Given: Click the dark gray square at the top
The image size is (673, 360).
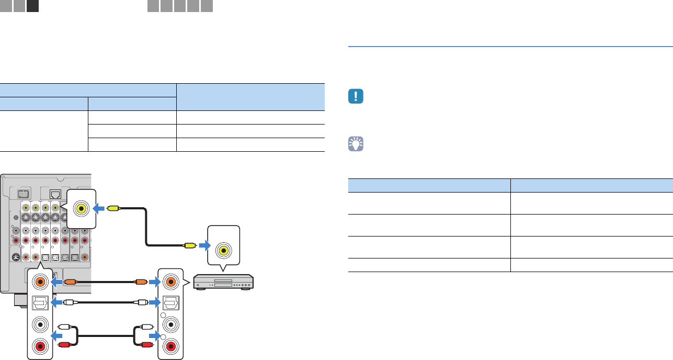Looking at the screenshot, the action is (32, 6).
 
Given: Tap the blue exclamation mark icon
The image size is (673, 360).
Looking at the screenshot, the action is (356, 97).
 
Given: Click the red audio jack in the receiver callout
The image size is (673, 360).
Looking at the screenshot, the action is (39, 346).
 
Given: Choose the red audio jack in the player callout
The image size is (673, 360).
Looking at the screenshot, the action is (170, 346).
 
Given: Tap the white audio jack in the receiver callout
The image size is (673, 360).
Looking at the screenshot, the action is (39, 324).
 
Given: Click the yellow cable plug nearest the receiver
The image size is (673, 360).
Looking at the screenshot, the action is (113, 208).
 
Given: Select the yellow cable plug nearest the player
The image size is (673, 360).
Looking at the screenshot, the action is (189, 244).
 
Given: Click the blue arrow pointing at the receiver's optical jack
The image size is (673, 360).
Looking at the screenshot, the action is (56, 302).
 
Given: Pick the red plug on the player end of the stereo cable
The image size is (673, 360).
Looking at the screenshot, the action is (145, 345).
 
